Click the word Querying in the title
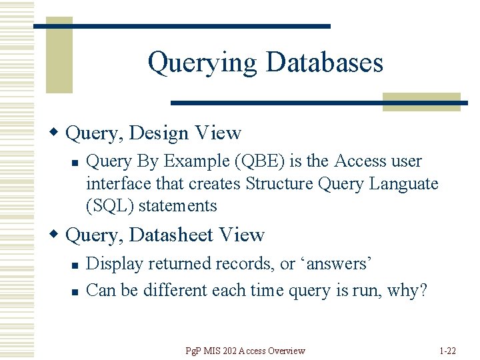201,63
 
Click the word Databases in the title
325,63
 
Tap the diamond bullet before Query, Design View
58,133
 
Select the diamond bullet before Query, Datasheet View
58,235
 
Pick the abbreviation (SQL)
111,205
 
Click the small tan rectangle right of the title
421,101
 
